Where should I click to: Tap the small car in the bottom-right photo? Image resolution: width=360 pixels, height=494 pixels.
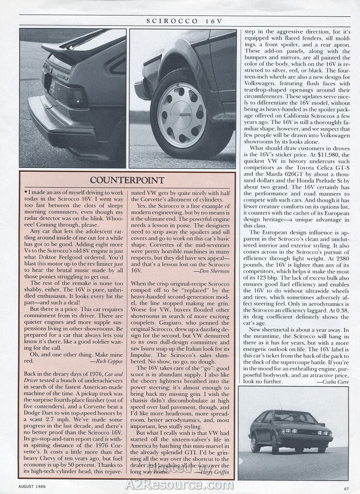tap(290, 432)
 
